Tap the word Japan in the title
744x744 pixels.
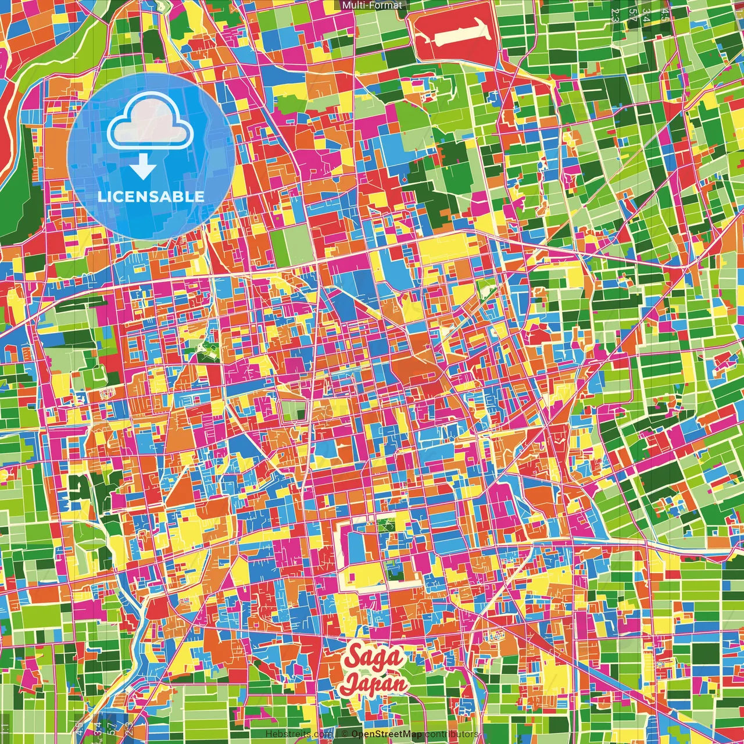[374, 684]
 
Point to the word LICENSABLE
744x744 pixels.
[151, 196]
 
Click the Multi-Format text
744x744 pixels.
[372, 5]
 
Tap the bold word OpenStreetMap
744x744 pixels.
[387, 734]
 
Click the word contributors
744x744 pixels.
[451, 734]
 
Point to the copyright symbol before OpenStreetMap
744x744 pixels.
[345, 734]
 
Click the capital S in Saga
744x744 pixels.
[352, 657]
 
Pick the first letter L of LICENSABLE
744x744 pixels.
[101, 196]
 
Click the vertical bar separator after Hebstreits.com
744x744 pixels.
[336, 734]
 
